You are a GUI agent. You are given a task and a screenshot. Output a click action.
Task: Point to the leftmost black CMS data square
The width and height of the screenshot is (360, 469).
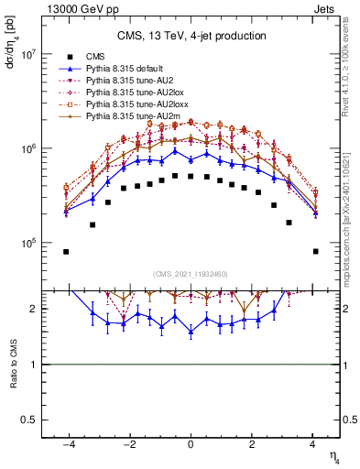tap(66, 251)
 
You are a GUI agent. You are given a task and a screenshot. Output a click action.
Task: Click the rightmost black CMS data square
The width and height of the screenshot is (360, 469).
tap(315, 251)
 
